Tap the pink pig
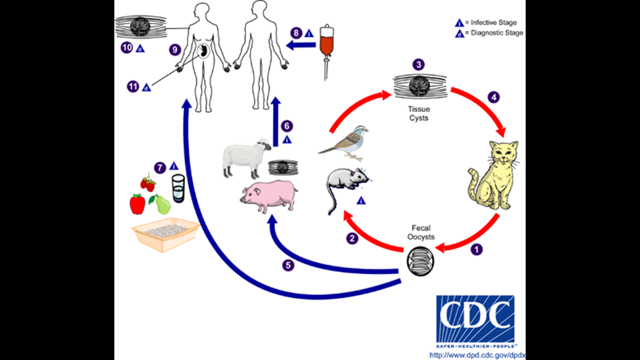[269, 196]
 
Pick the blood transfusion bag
[327, 42]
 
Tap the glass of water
[178, 188]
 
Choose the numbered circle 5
[288, 265]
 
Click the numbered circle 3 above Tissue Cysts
[419, 64]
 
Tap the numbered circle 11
[133, 87]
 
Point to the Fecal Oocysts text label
[421, 232]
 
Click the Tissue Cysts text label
[419, 113]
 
